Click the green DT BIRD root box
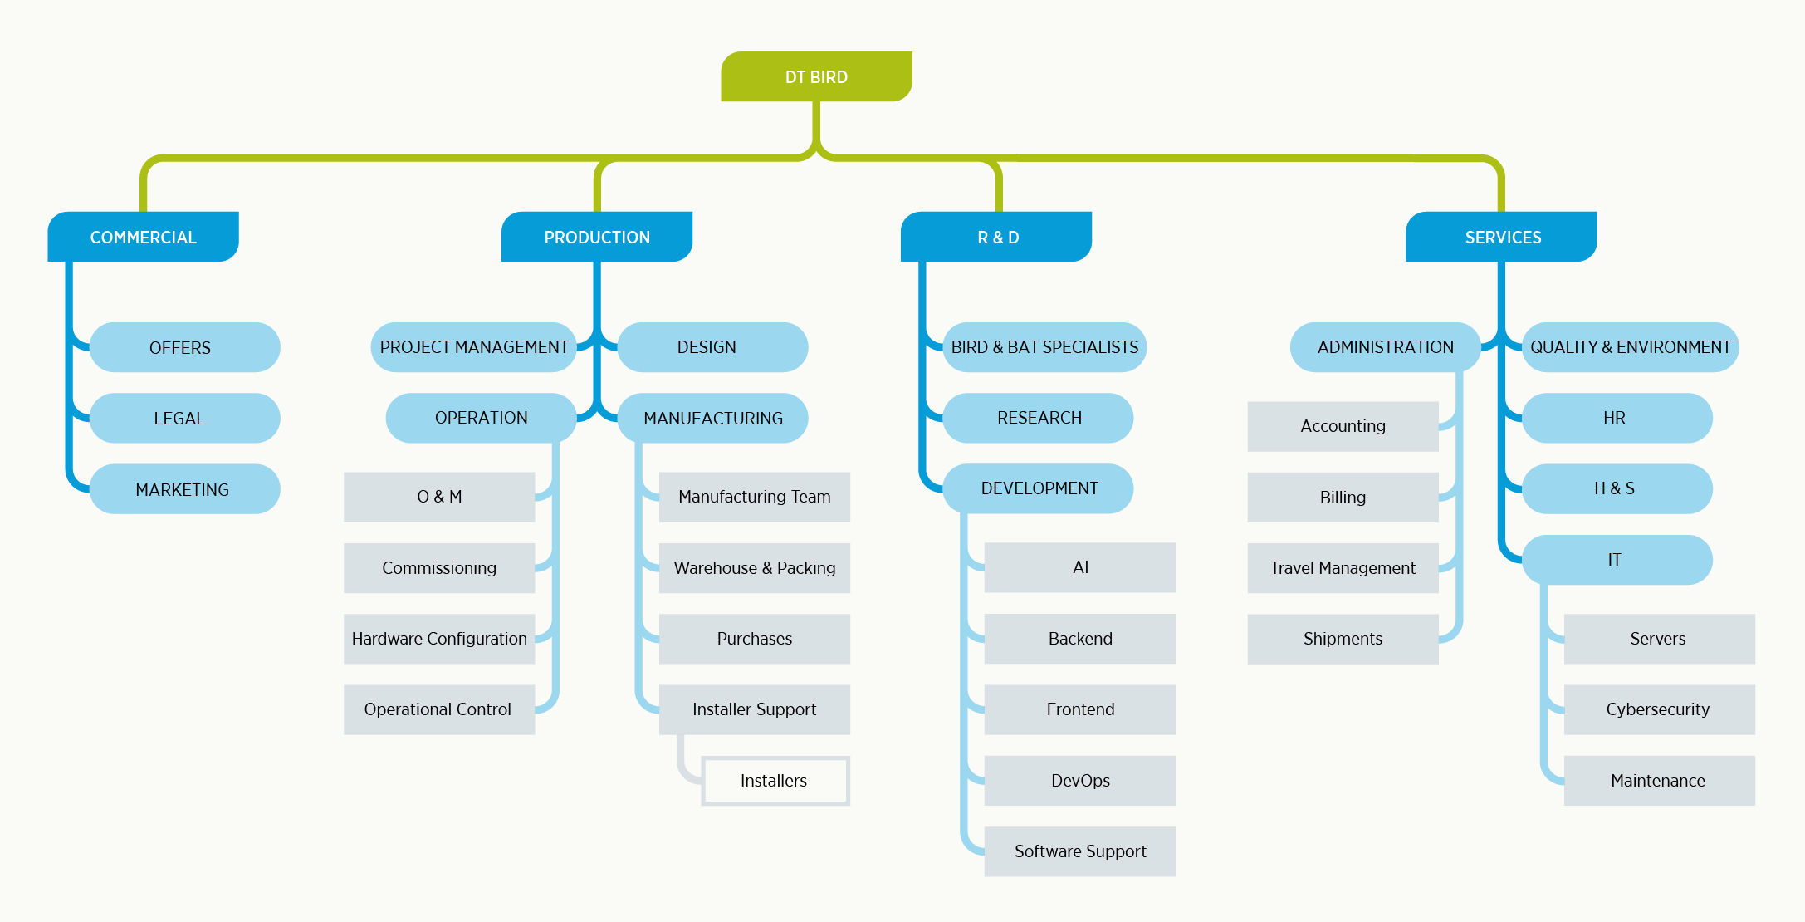(x=816, y=76)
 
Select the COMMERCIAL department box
(x=143, y=237)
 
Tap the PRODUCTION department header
(x=597, y=237)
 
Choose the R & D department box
(x=996, y=237)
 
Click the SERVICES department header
(x=1501, y=237)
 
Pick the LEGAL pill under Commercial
(x=184, y=418)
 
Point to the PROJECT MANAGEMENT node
(x=473, y=347)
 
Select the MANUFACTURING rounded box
(x=712, y=418)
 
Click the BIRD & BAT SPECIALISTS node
(x=1044, y=347)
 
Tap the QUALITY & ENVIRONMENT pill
(x=1630, y=347)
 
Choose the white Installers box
(x=775, y=781)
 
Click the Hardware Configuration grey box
(x=439, y=639)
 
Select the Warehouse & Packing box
(x=754, y=568)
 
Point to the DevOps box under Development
(x=1079, y=781)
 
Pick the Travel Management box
(x=1343, y=568)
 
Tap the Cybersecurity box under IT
(x=1659, y=709)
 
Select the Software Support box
(x=1079, y=851)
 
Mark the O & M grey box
(x=439, y=497)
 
